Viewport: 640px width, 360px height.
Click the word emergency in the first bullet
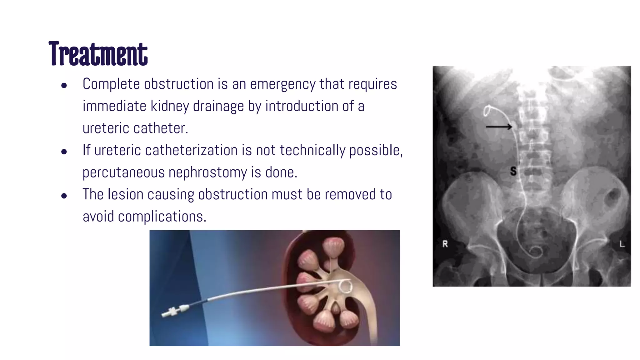click(282, 84)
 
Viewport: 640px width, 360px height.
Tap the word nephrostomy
click(207, 172)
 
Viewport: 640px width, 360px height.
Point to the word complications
click(162, 217)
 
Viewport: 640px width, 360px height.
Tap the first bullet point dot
click(64, 85)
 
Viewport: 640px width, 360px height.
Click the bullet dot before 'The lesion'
click(64, 196)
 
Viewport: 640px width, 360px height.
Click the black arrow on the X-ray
click(499, 127)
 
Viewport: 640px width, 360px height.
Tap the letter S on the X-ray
click(513, 171)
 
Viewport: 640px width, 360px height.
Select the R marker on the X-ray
click(445, 244)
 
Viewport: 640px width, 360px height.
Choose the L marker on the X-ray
click(622, 244)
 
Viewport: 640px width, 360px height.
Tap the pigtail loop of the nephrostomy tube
click(346, 286)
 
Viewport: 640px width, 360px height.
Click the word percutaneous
click(123, 172)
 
